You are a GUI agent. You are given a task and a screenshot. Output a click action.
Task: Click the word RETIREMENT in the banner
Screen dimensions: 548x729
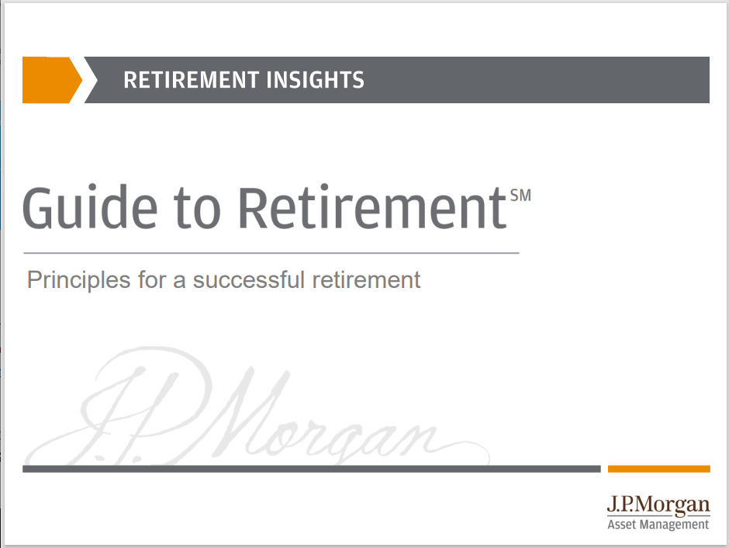tap(190, 80)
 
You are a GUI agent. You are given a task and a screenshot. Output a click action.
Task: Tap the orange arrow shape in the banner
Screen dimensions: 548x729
tap(50, 80)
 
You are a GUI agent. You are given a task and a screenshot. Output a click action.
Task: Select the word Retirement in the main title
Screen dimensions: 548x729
tap(371, 207)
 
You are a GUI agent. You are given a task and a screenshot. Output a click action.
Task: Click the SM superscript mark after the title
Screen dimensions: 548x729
tap(520, 196)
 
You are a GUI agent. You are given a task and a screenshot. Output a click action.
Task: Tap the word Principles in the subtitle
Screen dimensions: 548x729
tap(78, 280)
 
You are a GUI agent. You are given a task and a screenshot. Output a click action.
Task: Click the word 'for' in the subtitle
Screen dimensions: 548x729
tap(152, 279)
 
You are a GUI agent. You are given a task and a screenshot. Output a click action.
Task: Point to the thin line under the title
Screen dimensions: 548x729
tap(271, 253)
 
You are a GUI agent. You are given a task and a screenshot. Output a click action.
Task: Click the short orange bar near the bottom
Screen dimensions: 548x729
tap(658, 469)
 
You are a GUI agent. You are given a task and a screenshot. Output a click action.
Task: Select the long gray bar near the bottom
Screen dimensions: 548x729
tap(311, 469)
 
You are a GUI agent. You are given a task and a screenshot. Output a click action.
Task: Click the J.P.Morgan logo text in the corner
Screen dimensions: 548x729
tap(658, 506)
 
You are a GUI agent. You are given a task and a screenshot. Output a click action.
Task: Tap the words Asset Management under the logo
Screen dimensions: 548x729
tap(658, 525)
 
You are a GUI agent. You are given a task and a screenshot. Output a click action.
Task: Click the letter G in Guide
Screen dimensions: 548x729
tap(40, 207)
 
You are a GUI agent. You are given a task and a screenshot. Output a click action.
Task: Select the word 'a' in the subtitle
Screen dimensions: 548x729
tap(179, 280)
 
